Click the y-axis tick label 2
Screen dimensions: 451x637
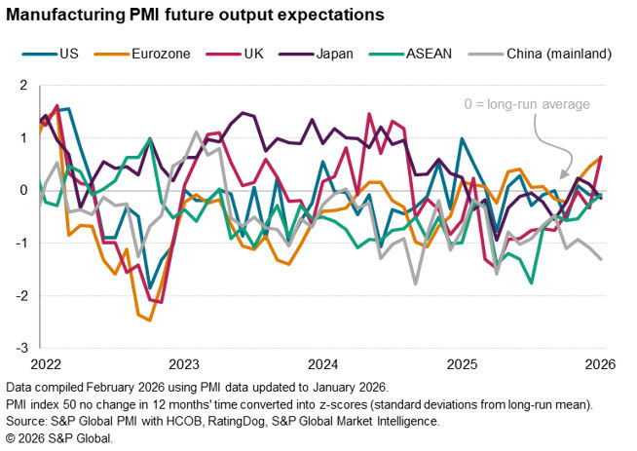click(20, 86)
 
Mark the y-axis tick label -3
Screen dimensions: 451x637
click(19, 348)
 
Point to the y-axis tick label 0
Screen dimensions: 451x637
click(20, 190)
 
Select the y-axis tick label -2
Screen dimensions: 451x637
click(19, 295)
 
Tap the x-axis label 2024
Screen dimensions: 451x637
click(322, 364)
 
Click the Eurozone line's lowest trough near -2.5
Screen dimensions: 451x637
click(150, 319)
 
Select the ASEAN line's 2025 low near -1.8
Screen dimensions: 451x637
click(531, 282)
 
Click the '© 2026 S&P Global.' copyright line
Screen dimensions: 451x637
click(59, 438)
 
